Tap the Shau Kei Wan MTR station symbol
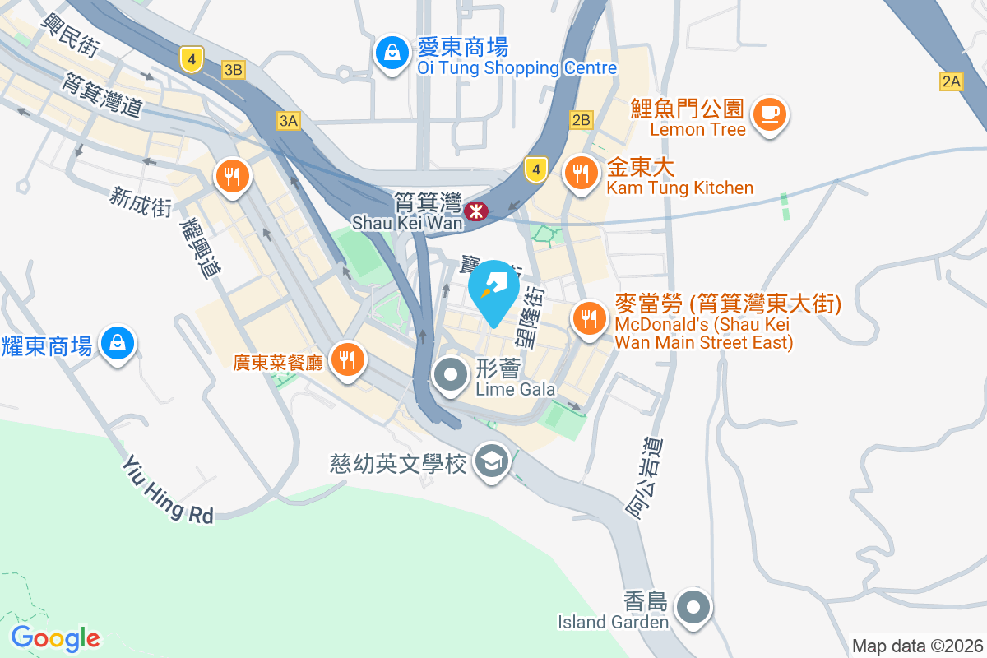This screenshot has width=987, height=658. [x=475, y=211]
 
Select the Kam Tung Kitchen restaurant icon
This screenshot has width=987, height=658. [x=582, y=173]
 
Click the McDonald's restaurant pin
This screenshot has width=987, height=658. [x=588, y=317]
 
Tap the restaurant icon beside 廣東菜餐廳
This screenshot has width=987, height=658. [x=347, y=359]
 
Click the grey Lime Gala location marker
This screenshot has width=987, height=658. [x=451, y=376]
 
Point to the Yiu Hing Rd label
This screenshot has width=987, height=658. [x=168, y=490]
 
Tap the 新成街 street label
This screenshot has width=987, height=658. [x=141, y=201]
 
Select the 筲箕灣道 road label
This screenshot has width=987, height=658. [x=102, y=92]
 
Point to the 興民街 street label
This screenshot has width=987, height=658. [x=69, y=34]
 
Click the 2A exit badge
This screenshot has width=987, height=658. [x=952, y=81]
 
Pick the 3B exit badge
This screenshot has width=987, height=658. [x=233, y=70]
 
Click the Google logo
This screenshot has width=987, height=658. [x=56, y=638]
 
